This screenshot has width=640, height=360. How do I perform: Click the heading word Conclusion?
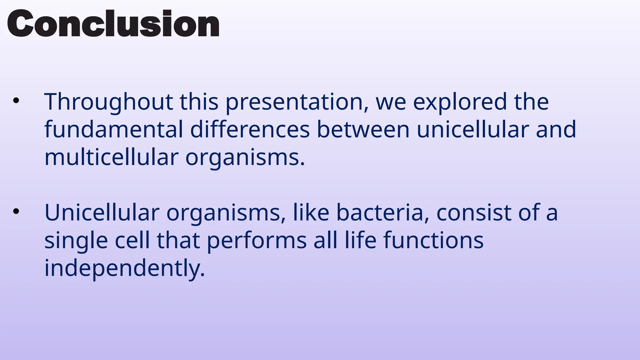113,24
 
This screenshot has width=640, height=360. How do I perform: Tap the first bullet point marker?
16,101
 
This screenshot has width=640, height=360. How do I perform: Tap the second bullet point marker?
16,212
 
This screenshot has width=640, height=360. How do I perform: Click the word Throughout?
108,102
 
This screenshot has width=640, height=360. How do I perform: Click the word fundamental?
113,129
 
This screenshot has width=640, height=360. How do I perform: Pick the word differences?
250,129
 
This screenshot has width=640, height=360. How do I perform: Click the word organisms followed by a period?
245,157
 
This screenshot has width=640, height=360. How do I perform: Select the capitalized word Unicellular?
102,212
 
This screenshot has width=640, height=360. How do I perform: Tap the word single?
76,241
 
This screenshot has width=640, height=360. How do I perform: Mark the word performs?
257,241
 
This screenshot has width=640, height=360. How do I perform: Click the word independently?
124,268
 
